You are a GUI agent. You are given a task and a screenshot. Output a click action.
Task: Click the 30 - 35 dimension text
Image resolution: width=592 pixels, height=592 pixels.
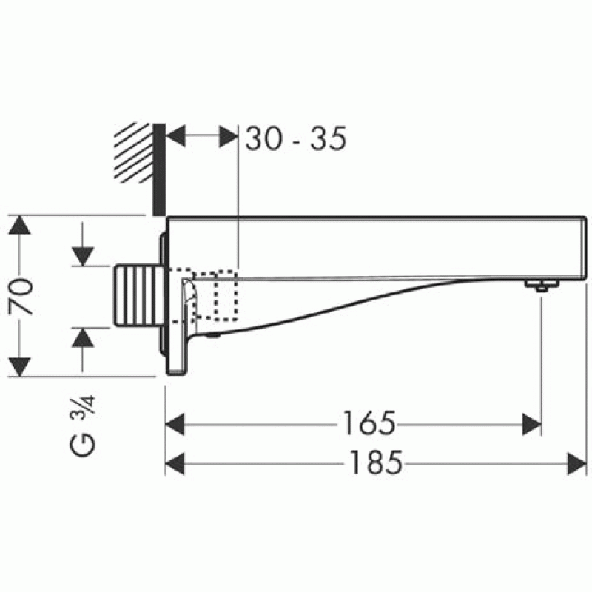(295, 138)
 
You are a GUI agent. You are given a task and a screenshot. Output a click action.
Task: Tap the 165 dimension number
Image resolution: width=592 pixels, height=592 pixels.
(369, 423)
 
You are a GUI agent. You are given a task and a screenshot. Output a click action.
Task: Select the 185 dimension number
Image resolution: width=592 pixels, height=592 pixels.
(376, 463)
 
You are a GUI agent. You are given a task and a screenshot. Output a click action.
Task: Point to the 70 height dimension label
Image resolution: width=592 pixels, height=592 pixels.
(21, 297)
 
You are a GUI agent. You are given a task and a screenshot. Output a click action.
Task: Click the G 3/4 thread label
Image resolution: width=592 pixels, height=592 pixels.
(83, 426)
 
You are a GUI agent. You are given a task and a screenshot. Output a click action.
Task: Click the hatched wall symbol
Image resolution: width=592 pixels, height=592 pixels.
(133, 152)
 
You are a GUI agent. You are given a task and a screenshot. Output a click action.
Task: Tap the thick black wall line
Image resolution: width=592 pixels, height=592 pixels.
(159, 169)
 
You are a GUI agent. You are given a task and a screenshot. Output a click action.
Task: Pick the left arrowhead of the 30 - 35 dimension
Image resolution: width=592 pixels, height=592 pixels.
(175, 136)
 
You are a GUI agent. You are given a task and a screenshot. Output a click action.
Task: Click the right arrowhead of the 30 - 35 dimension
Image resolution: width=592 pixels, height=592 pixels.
(229, 136)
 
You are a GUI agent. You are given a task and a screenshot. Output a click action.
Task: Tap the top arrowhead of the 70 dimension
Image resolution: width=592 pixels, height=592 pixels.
(19, 225)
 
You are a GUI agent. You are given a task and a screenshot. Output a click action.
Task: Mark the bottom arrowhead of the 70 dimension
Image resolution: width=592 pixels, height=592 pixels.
(19, 367)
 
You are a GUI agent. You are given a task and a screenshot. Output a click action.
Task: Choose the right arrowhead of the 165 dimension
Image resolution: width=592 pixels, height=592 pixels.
(531, 424)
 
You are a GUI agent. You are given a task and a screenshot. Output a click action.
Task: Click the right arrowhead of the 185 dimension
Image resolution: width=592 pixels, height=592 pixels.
(577, 464)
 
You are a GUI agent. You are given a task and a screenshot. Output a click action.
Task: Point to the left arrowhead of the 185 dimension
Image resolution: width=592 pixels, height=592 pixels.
(175, 464)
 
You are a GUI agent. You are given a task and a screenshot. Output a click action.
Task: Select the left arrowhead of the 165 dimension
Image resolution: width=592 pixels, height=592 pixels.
(175, 424)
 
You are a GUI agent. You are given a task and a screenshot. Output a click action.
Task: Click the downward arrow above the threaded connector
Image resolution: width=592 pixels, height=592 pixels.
(83, 244)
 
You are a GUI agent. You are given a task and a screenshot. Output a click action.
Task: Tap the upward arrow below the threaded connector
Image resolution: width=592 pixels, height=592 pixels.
(83, 349)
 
